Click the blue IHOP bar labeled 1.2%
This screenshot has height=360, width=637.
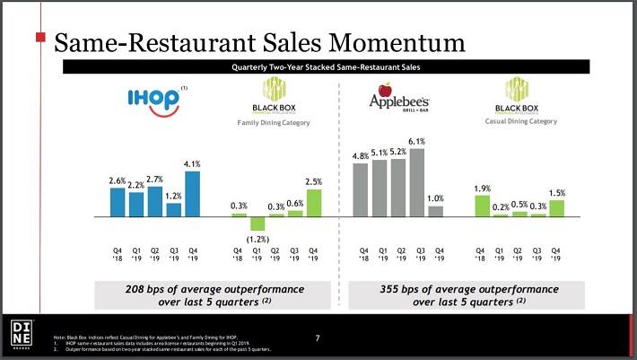tap(174, 209)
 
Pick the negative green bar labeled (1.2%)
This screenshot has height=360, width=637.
tap(257, 224)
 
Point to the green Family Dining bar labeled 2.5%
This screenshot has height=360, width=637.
tap(314, 203)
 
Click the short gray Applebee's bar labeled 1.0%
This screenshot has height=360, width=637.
tap(436, 212)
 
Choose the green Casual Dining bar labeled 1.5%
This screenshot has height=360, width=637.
tap(556, 208)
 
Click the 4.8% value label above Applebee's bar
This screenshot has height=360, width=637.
tap(361, 156)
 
